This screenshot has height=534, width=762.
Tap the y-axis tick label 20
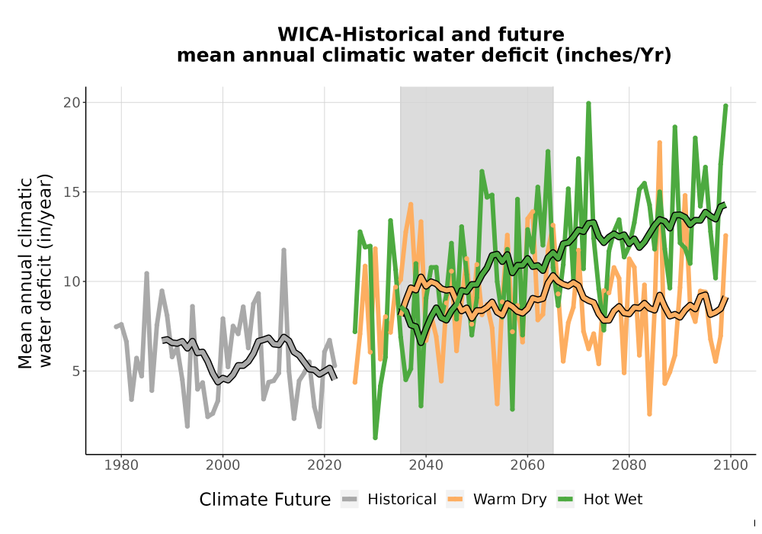(72, 103)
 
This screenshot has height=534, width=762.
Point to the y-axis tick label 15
(72, 192)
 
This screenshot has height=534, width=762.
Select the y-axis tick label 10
(72, 281)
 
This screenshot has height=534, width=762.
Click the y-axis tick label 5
(75, 371)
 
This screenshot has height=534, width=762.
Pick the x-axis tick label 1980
(121, 465)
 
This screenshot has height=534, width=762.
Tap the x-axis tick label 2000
(223, 465)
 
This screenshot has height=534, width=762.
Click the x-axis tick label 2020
(324, 465)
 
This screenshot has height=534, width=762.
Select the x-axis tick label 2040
(426, 465)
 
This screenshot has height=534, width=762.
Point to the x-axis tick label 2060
(527, 465)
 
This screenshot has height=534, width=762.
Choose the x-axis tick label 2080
(629, 465)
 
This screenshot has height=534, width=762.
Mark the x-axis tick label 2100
(731, 465)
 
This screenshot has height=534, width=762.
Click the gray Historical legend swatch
(350, 500)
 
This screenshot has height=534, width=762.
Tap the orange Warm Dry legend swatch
(455, 500)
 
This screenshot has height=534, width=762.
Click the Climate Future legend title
(265, 500)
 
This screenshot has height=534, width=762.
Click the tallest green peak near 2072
(588, 103)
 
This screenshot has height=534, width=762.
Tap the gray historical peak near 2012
(283, 250)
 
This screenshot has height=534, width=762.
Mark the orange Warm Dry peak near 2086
(659, 143)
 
